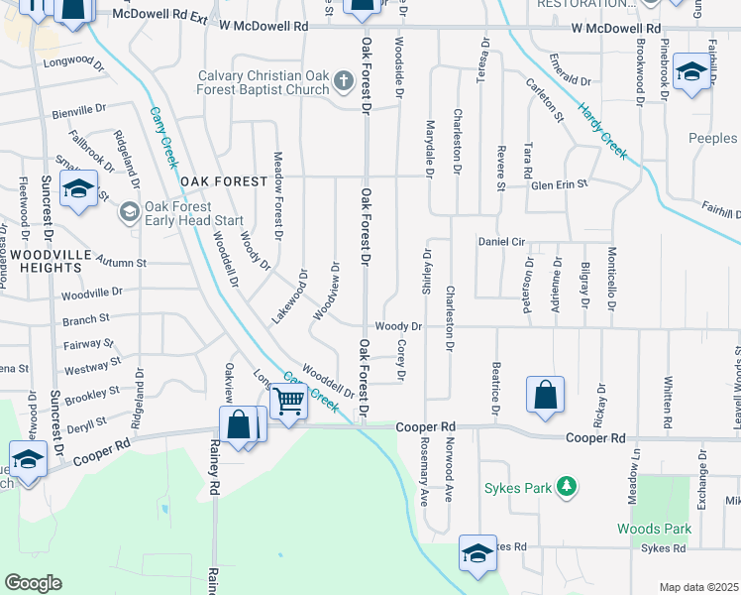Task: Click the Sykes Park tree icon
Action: tap(566, 487)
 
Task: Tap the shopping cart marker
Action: tap(288, 403)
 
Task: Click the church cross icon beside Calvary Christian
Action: tap(343, 81)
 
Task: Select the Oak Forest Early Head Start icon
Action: tap(129, 212)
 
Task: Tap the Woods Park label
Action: tap(647, 530)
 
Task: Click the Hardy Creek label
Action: tap(601, 132)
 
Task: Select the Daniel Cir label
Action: tap(501, 241)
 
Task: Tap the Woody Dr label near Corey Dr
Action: tap(398, 325)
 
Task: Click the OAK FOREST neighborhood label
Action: tap(224, 181)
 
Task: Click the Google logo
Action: tap(33, 583)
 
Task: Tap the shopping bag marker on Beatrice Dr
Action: tap(545, 395)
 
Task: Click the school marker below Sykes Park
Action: tap(477, 553)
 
